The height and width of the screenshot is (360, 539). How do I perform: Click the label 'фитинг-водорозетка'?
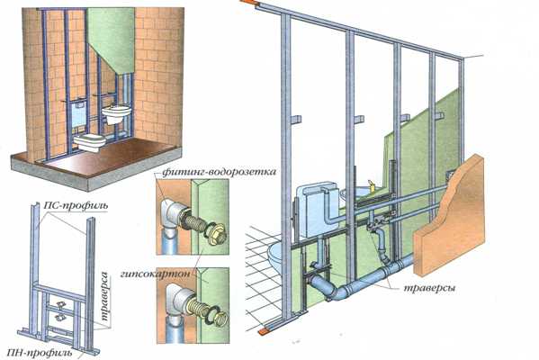pyautogui.click(x=219, y=172)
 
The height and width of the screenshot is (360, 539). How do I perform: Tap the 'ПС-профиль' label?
pyautogui.click(x=76, y=205)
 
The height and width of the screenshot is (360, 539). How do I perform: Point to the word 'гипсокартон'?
pyautogui.click(x=155, y=274)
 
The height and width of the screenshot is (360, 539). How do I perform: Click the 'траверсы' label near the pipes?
pyautogui.click(x=429, y=287)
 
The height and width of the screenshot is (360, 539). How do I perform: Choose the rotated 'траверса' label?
pyautogui.click(x=105, y=296)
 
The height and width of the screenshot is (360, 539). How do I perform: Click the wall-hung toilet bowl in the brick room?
pyautogui.click(x=90, y=142)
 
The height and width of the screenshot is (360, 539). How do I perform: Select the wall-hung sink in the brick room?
pyautogui.click(x=117, y=114)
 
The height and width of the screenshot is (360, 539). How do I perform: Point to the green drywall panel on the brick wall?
pyautogui.click(x=112, y=40)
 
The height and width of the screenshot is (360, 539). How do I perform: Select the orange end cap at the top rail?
pyautogui.click(x=251, y=3)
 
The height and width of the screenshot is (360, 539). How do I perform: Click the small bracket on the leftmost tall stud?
pyautogui.click(x=296, y=120)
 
